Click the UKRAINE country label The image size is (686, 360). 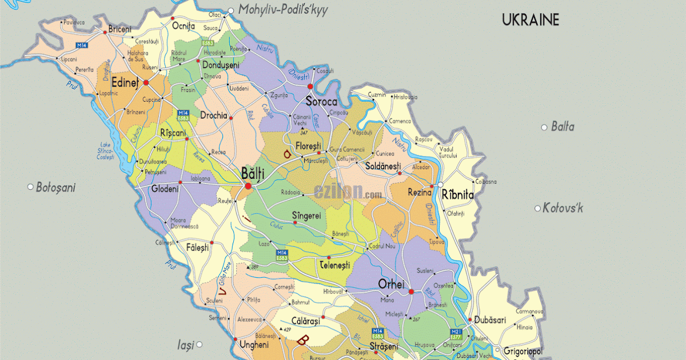tap(530, 20)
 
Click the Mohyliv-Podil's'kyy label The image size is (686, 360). tap(282, 10)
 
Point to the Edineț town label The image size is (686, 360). tap(126, 82)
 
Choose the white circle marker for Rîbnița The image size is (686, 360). tap(441, 184)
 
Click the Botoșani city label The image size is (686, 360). tap(55, 187)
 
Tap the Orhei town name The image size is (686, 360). tap(391, 284)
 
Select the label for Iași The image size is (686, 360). tap(185, 345)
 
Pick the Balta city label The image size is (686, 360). tap(563, 127)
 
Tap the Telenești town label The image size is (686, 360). tap(342, 266)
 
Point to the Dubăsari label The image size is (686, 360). tap(490, 321)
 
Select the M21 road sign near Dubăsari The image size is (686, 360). tap(456, 331)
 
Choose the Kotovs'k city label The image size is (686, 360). tap(563, 208)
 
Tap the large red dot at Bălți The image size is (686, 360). tap(248, 186)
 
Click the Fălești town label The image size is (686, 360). tap(198, 247)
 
